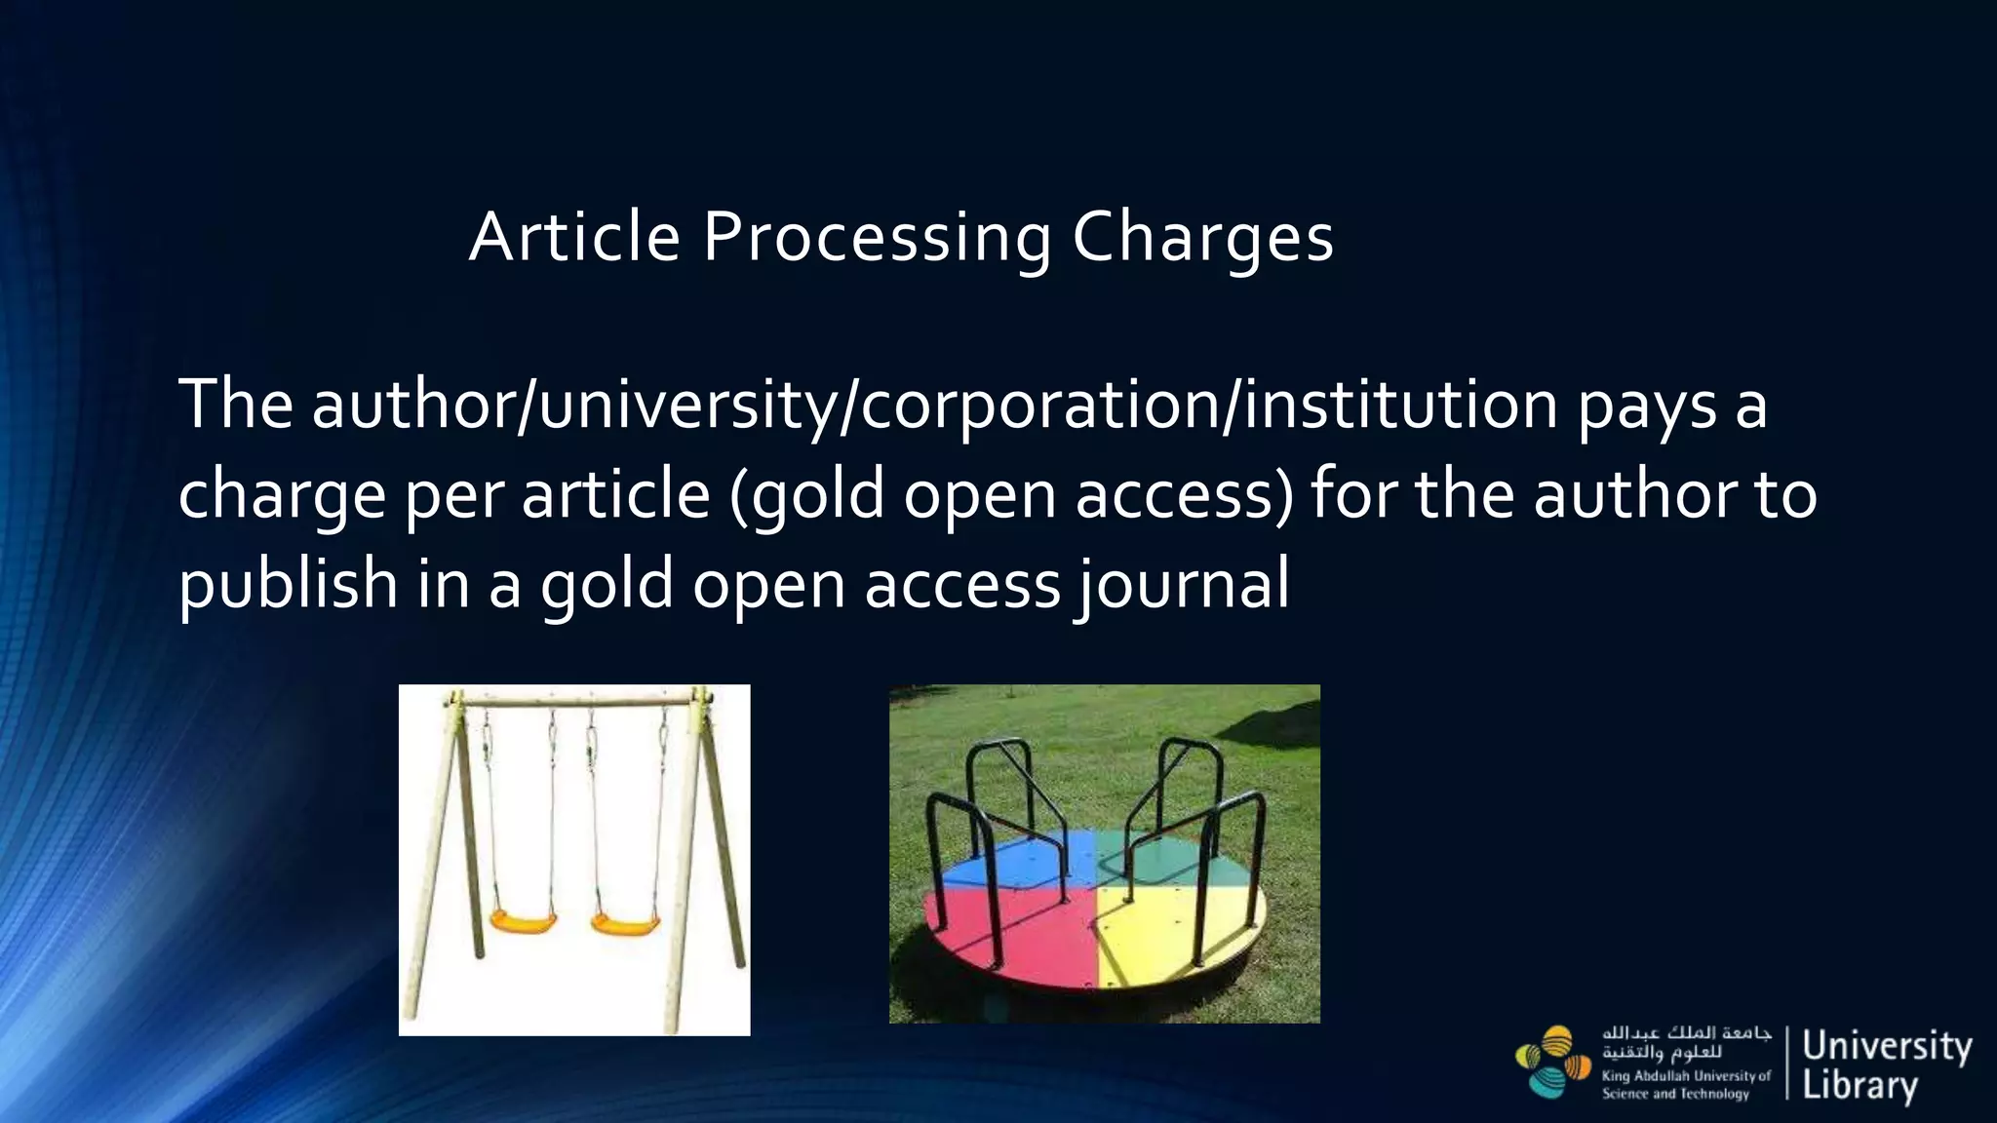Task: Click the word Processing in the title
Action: [x=877, y=238]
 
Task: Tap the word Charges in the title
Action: [x=1202, y=238]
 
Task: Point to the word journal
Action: [x=1183, y=585]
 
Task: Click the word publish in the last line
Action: [x=288, y=585]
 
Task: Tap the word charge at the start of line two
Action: [x=282, y=495]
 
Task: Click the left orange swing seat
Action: [x=523, y=920]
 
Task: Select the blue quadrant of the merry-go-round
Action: [x=1024, y=858]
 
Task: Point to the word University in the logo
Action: [x=1887, y=1046]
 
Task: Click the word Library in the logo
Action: [x=1860, y=1085]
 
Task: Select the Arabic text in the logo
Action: [x=1686, y=1042]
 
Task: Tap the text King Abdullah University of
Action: [x=1686, y=1076]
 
